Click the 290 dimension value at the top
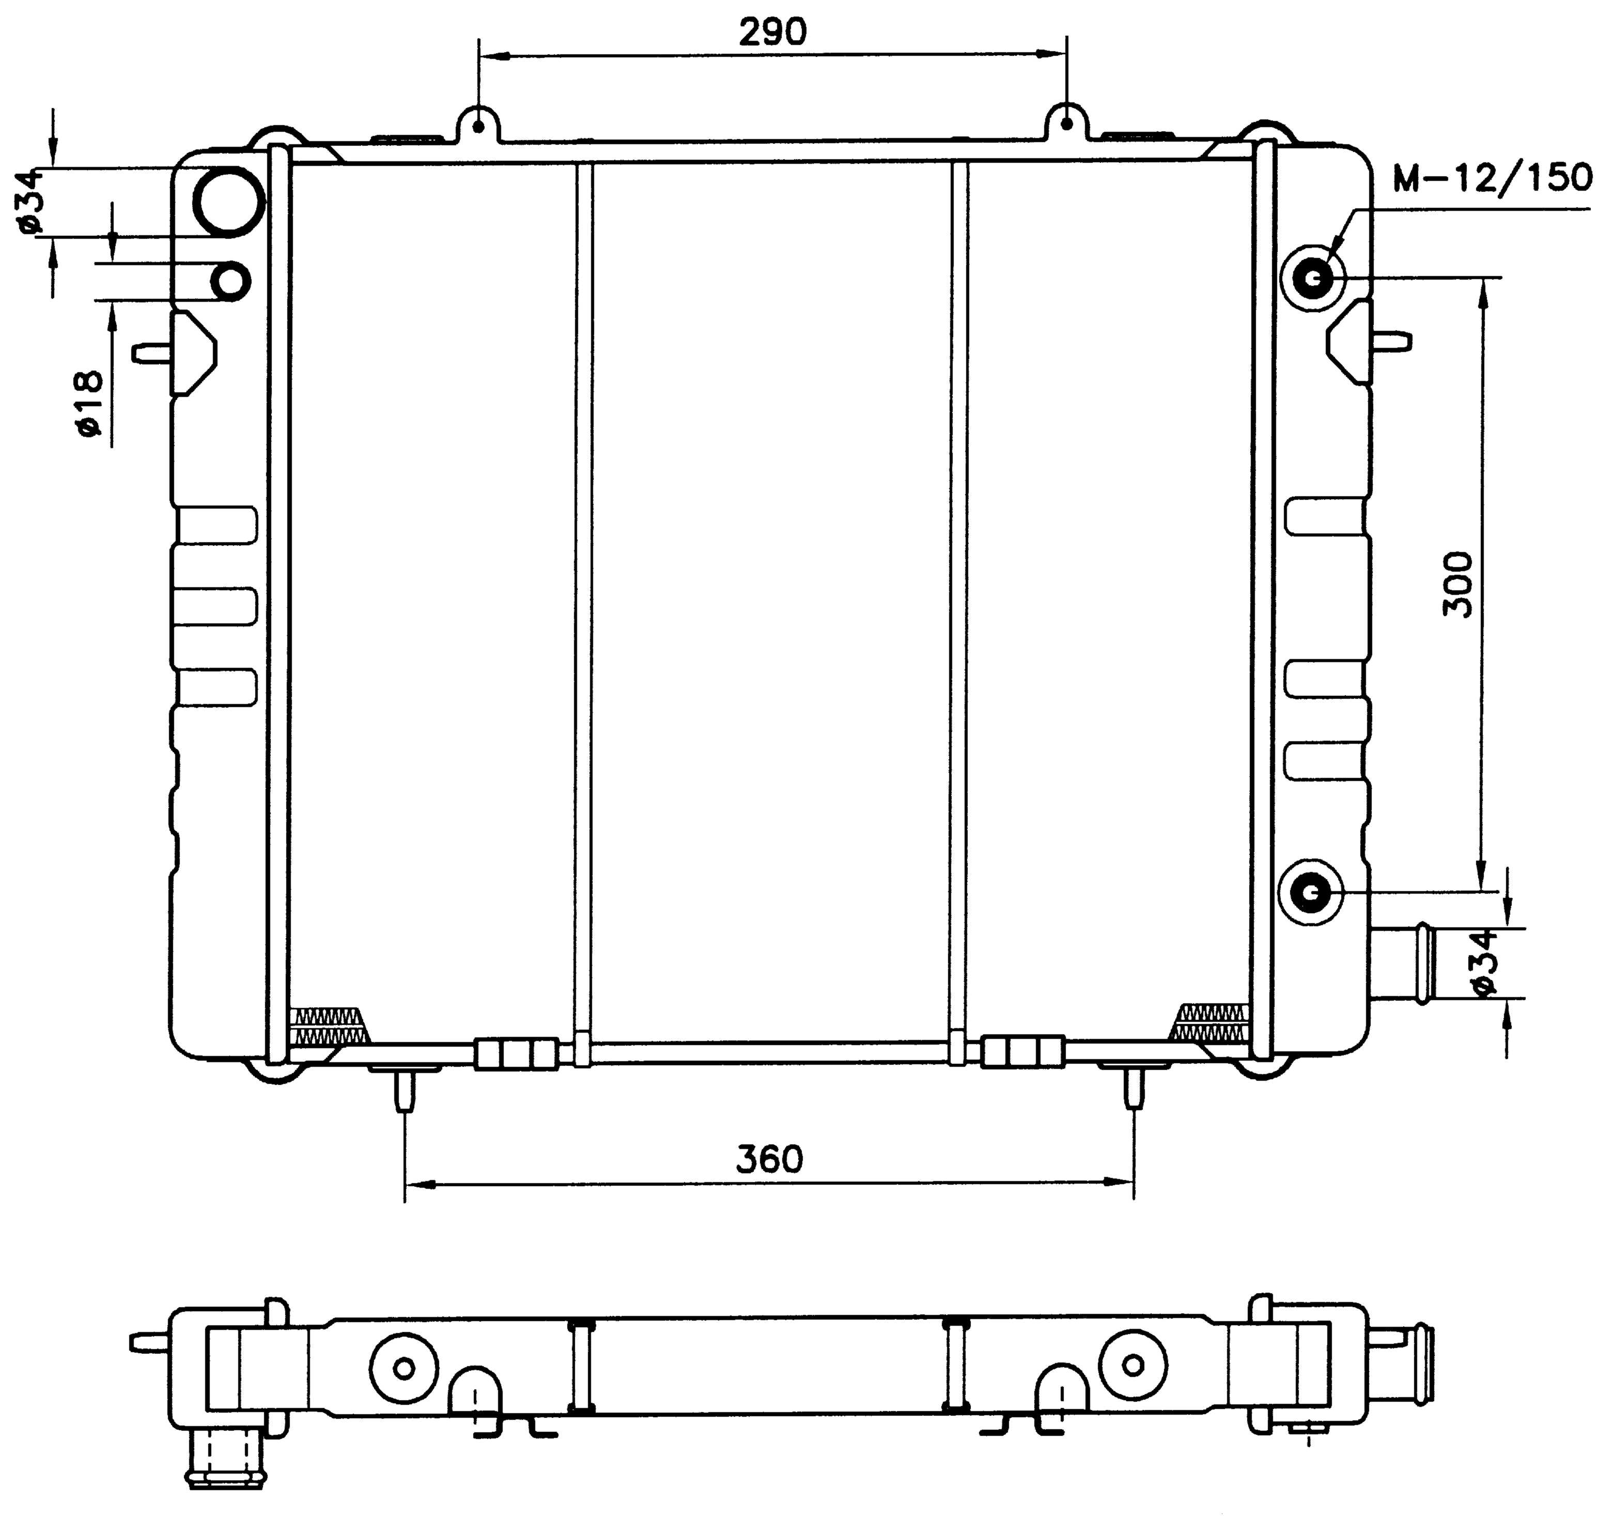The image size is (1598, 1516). pyautogui.click(x=773, y=33)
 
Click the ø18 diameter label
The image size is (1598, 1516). pyautogui.click(x=90, y=404)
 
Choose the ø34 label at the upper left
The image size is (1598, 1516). pyautogui.click(x=33, y=202)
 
